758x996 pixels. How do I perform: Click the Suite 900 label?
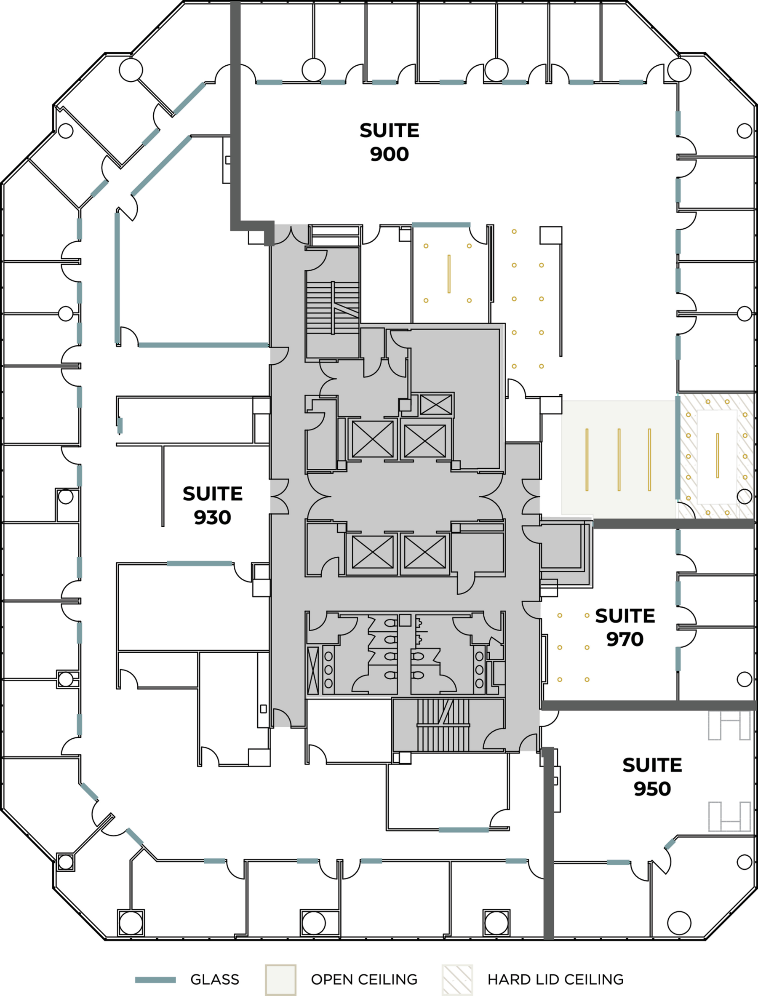click(x=390, y=142)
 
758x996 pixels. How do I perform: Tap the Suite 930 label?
click(x=213, y=505)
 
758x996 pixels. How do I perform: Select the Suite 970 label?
click(x=625, y=628)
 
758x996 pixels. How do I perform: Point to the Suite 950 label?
click(x=652, y=777)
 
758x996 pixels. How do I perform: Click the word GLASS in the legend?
click(x=214, y=979)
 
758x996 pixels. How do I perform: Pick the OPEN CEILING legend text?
click(x=364, y=979)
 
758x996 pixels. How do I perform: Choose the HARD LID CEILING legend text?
click(x=555, y=979)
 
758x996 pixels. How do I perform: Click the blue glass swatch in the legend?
click(x=155, y=979)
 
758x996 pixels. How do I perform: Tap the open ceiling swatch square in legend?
click(x=280, y=979)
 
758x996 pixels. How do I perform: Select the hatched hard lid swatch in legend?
click(x=457, y=979)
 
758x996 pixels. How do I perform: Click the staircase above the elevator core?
click(x=333, y=308)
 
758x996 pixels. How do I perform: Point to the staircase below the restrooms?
click(x=443, y=725)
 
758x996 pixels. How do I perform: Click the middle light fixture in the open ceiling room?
click(x=619, y=459)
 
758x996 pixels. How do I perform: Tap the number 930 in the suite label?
click(x=213, y=517)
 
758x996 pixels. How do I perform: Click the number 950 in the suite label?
click(x=652, y=788)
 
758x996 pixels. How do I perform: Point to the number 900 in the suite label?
click(x=390, y=154)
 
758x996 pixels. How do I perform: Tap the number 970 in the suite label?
click(x=625, y=639)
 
